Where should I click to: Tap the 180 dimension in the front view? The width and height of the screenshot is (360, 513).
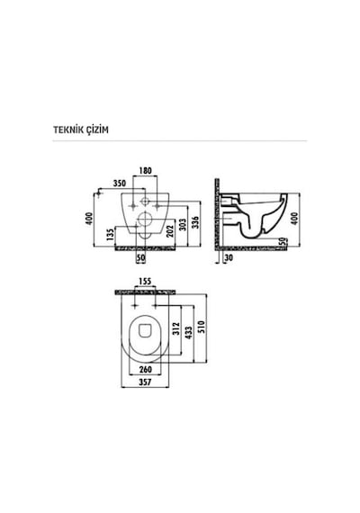(x=145, y=171)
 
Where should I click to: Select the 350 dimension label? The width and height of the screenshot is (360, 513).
(x=120, y=184)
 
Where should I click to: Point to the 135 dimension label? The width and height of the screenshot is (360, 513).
(x=111, y=235)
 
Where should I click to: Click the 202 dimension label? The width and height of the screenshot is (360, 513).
(x=169, y=231)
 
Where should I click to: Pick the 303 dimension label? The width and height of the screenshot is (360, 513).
(x=183, y=224)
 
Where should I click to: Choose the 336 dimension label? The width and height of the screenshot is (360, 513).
(x=195, y=222)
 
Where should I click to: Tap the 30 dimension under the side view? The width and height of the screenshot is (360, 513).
(x=229, y=257)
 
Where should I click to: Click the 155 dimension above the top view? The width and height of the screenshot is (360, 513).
(x=145, y=282)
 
